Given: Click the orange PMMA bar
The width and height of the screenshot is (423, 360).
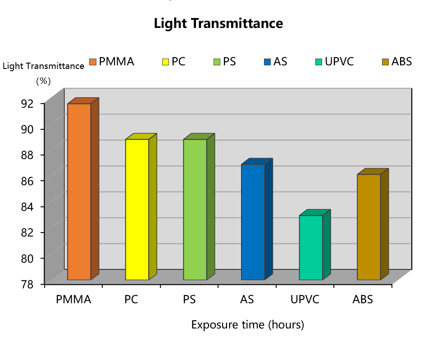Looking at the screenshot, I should (x=79, y=191).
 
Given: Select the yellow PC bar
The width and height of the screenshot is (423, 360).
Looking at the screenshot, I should (x=137, y=210).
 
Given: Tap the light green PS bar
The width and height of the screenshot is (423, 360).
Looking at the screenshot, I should (x=195, y=210).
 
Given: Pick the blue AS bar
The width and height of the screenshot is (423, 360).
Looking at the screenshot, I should (x=253, y=222).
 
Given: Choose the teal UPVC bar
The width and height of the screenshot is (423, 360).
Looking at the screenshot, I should (x=311, y=247).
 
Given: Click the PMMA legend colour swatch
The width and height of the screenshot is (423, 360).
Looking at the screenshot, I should (x=93, y=62).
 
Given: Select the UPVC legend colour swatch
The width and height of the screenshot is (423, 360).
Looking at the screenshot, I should (x=319, y=62).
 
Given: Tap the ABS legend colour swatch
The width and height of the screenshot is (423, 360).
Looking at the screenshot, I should (x=386, y=62).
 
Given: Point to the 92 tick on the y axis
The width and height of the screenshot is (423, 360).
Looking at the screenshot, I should (x=27, y=103).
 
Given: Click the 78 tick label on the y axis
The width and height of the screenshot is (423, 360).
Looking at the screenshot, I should (x=27, y=284).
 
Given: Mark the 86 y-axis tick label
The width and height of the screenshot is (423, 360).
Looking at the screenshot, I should (x=27, y=181).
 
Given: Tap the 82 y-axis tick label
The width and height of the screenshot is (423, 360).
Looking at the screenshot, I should (x=27, y=232).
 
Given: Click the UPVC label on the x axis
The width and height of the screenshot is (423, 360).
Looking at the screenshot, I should (x=305, y=299).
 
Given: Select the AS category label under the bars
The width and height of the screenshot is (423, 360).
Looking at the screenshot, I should (x=247, y=299).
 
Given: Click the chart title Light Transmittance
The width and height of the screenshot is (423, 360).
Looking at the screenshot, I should (x=218, y=23).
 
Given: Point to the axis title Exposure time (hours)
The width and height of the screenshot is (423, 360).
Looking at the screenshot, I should (x=247, y=324).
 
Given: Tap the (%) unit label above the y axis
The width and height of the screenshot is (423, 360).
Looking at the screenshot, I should (x=43, y=81).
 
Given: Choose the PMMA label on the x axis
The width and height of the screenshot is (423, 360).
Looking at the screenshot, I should (x=73, y=299).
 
